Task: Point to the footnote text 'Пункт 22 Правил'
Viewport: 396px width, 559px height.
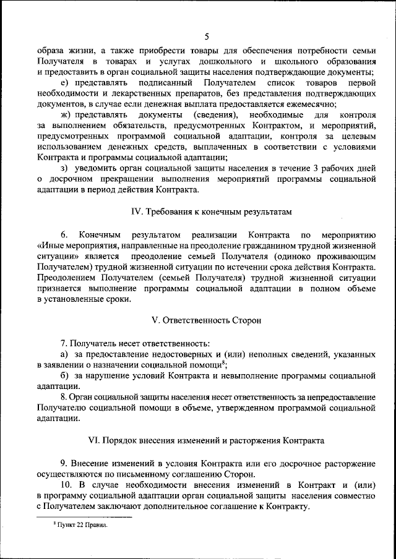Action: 80,524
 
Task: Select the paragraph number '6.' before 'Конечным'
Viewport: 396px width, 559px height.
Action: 64,234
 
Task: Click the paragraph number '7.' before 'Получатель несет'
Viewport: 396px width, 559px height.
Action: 64,343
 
